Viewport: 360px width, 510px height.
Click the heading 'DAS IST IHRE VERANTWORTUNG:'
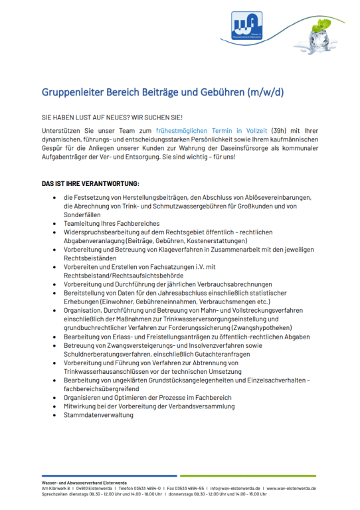(90, 183)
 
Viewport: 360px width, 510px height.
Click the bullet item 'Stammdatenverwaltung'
(98, 415)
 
